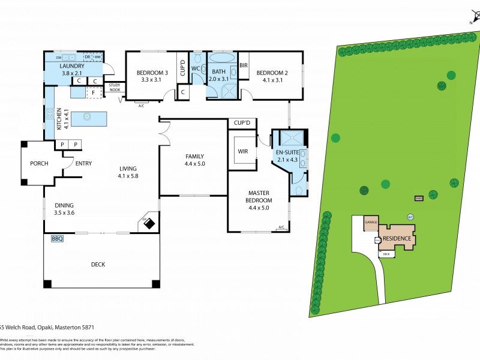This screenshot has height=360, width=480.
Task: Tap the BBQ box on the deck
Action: (58, 239)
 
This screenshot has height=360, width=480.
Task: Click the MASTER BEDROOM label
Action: (260, 197)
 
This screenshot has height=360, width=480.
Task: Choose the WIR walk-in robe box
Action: (242, 152)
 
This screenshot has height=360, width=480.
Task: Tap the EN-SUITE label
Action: (287, 153)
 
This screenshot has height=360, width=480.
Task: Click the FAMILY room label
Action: (194, 156)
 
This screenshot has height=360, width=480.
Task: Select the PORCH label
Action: (39, 163)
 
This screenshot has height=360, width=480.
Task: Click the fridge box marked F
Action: (93, 93)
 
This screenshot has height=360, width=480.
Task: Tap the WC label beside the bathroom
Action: (195, 69)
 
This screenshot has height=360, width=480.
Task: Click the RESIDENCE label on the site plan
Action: (397, 239)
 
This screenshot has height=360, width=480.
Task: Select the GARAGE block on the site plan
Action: (371, 222)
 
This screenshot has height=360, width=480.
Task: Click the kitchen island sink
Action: (87, 116)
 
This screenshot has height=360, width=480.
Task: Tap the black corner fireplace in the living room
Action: (148, 224)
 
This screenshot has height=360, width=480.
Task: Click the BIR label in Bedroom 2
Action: (244, 65)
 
